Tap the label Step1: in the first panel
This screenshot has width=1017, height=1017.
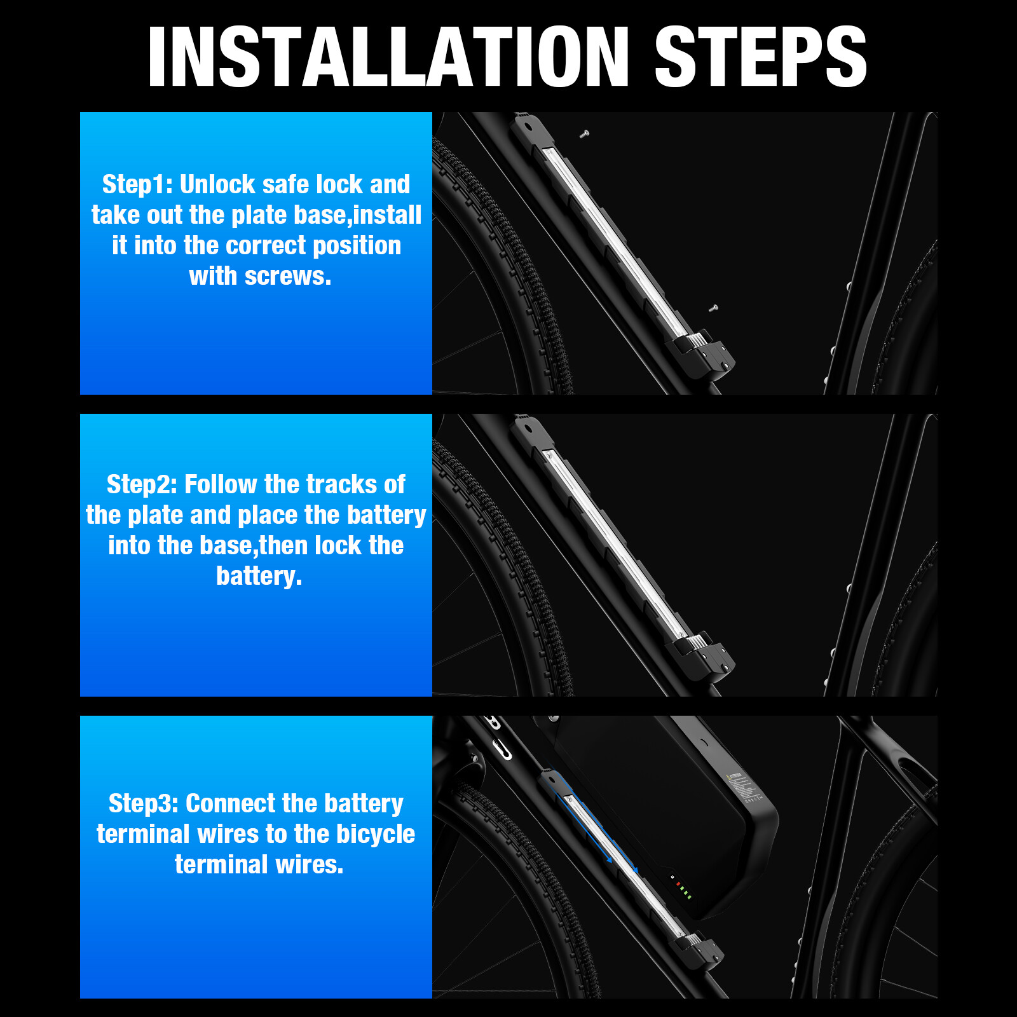pyautogui.click(x=137, y=184)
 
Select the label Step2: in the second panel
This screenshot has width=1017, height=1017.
pyautogui.click(x=142, y=484)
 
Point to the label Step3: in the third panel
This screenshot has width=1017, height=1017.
pyautogui.click(x=144, y=803)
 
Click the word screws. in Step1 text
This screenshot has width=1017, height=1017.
pyautogui.click(x=288, y=276)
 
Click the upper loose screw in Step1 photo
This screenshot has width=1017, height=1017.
pyautogui.click(x=585, y=134)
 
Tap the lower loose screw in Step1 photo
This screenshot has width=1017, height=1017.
pyautogui.click(x=713, y=308)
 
